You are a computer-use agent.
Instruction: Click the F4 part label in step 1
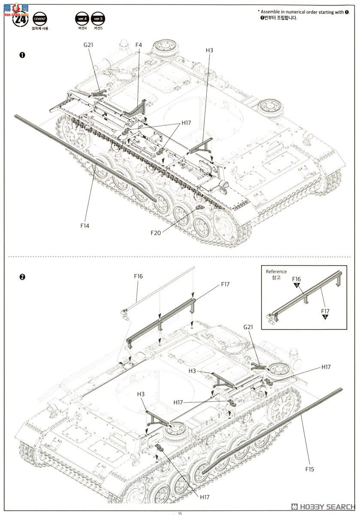point(139,45)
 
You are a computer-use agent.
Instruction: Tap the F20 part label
point(156,233)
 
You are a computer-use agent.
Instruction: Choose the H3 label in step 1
point(209,50)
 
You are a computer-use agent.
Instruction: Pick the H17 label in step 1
point(186,123)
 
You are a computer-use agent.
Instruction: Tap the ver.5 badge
point(98,18)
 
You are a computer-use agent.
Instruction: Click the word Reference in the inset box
point(276,272)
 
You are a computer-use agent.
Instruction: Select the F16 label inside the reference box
point(296,279)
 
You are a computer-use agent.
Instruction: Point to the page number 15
point(180,513)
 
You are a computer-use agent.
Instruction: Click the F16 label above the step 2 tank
point(138,276)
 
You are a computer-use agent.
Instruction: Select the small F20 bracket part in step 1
point(200,208)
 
